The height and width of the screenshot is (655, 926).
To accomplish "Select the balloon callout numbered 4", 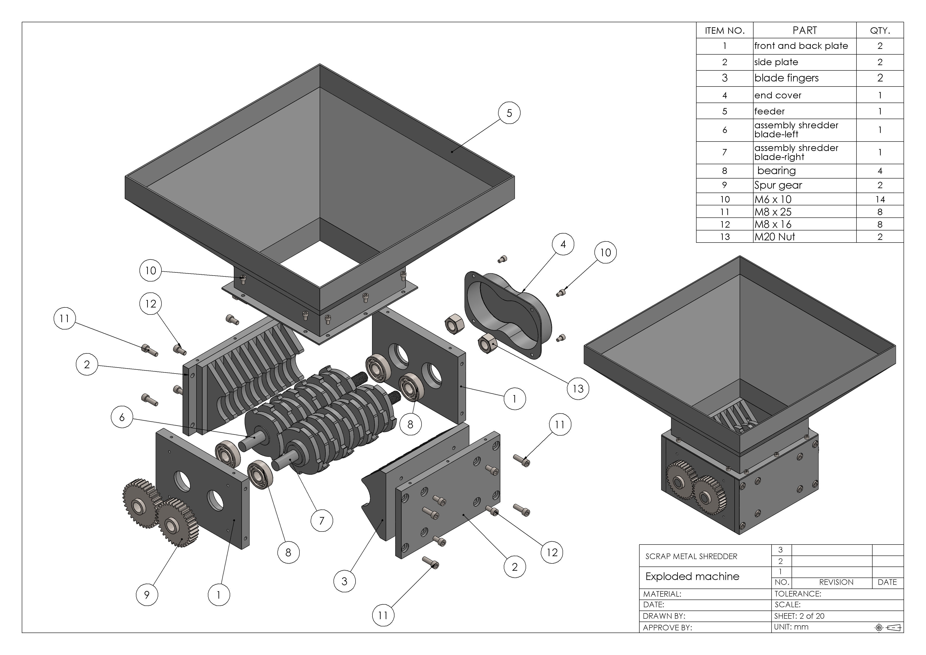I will (x=563, y=244).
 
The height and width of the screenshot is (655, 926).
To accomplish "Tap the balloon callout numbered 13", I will (x=578, y=389).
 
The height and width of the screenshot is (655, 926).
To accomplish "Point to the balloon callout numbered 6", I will (x=122, y=417).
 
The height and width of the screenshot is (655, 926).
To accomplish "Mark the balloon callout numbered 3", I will (x=345, y=581).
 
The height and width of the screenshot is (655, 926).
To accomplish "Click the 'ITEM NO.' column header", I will (x=724, y=31).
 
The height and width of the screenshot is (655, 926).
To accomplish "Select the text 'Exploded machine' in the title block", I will (x=692, y=576).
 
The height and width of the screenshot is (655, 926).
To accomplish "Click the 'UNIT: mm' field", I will (x=791, y=627).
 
